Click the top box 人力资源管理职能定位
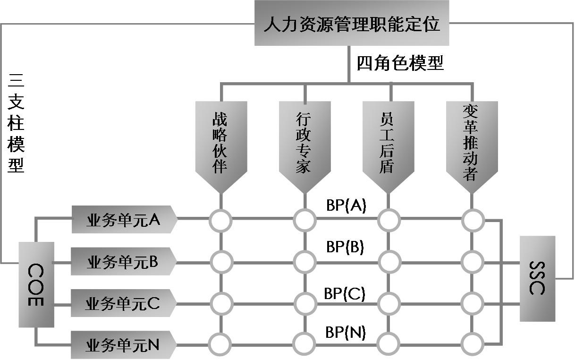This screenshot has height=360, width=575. click(x=351, y=23)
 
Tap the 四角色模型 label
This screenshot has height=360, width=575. click(x=400, y=63)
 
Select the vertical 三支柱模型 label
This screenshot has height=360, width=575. click(x=16, y=124)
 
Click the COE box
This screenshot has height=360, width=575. click(x=36, y=284)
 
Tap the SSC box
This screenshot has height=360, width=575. click(x=537, y=278)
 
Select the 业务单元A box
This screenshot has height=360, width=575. click(x=124, y=220)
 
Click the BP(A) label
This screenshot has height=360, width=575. click(x=346, y=206)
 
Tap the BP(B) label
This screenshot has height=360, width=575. click(x=345, y=247)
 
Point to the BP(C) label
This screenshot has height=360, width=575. click(x=345, y=293)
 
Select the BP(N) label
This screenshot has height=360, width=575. click(x=346, y=332)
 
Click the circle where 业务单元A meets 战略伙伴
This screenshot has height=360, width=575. click(x=221, y=220)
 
